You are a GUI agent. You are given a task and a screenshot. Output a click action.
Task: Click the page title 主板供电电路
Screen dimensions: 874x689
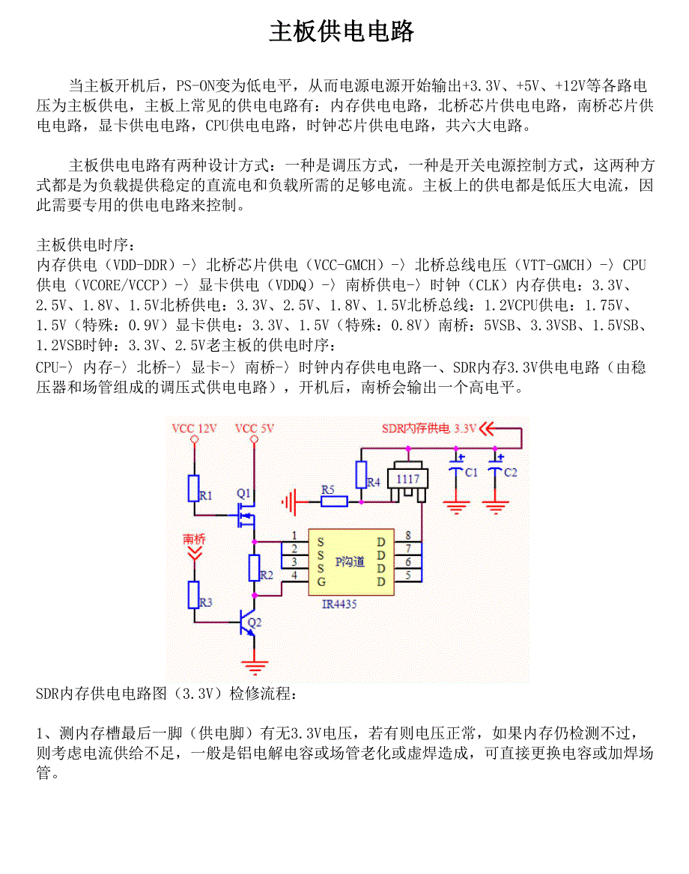click(342, 32)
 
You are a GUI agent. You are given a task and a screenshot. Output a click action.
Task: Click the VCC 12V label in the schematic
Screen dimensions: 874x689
click(194, 429)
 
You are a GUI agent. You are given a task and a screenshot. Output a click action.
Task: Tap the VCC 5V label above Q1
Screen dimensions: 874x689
click(255, 429)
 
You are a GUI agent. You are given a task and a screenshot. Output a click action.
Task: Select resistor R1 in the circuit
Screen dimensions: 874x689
click(194, 488)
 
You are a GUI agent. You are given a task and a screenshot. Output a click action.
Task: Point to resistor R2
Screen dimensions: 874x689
click(255, 569)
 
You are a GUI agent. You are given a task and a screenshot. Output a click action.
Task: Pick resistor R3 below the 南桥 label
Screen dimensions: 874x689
click(194, 595)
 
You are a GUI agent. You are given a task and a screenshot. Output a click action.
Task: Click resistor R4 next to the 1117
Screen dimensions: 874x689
click(361, 474)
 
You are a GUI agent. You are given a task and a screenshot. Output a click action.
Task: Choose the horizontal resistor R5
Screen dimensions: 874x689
click(334, 501)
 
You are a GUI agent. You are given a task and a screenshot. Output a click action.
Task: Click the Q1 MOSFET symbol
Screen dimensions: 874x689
click(246, 516)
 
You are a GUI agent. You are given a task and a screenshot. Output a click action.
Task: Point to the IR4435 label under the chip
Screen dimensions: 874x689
click(339, 604)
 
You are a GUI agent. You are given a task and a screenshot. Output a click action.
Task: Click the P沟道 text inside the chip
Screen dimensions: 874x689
click(350, 561)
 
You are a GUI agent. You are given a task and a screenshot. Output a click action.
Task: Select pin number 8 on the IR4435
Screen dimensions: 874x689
click(407, 535)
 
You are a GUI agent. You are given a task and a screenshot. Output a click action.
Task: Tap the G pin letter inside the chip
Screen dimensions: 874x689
click(321, 581)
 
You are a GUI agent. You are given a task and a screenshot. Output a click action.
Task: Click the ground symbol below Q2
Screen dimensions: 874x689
click(255, 664)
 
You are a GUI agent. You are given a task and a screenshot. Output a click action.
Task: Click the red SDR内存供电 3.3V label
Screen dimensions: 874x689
click(428, 429)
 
